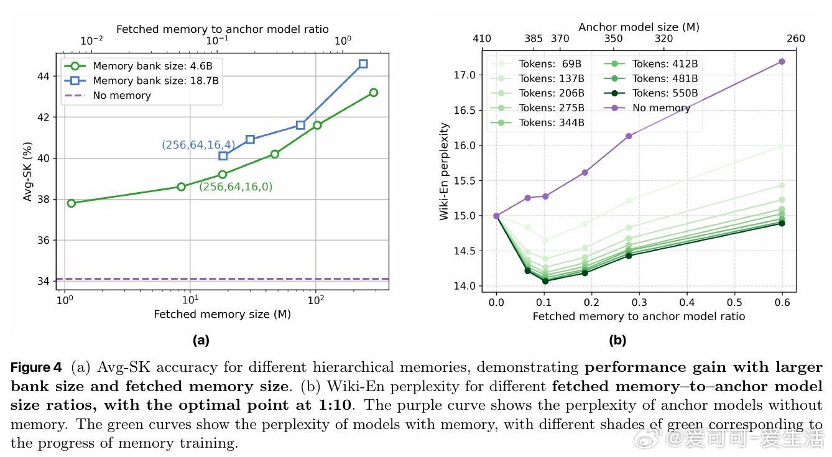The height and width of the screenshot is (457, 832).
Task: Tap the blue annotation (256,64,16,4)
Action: [198, 145]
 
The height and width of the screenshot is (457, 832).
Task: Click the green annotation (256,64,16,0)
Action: [236, 187]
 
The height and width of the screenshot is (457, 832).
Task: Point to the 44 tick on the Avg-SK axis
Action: [44, 76]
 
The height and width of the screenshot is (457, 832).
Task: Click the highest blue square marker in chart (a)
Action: [363, 63]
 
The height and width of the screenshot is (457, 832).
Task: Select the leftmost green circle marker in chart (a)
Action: [72, 203]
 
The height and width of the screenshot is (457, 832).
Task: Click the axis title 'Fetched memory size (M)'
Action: [222, 314]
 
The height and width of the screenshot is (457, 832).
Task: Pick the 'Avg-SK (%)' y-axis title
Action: [28, 171]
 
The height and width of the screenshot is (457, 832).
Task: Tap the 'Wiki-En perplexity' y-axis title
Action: [444, 171]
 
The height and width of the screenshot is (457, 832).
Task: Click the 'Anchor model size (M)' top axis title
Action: [639, 27]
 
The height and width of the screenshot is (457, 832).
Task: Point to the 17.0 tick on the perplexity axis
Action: [465, 75]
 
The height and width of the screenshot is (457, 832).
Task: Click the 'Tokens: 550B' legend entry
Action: [665, 93]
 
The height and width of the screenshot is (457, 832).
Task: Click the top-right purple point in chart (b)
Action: [782, 62]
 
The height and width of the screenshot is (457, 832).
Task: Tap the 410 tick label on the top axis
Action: [481, 39]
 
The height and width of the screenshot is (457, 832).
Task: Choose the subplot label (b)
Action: [617, 340]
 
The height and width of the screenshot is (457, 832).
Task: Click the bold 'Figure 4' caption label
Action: [35, 367]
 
